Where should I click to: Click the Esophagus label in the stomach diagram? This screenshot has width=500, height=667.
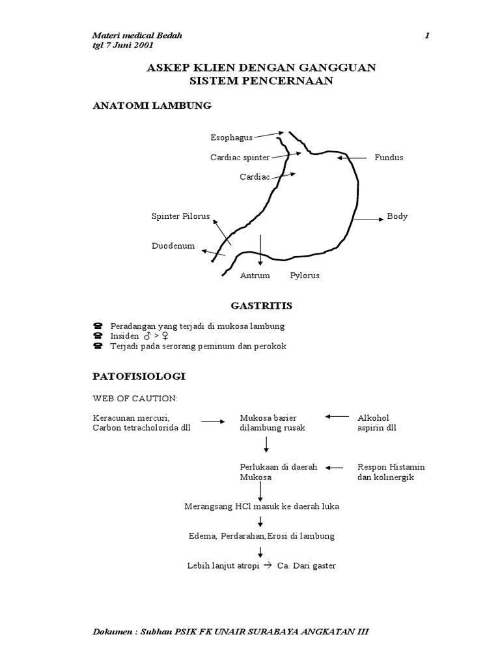[231, 137]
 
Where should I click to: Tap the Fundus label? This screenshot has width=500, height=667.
[389, 158]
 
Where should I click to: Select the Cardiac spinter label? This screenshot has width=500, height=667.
[240, 158]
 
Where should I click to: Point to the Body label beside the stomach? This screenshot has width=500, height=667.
[397, 216]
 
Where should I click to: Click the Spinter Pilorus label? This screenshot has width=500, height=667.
[180, 216]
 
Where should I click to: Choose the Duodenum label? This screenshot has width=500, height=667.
[173, 246]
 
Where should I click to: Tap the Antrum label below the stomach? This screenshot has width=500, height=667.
[255, 276]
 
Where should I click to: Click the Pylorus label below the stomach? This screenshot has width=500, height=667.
[305, 276]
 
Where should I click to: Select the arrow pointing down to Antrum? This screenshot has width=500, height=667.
[260, 250]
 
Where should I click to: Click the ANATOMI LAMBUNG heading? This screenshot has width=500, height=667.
[152, 106]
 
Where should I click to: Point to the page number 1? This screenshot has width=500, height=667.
[426, 35]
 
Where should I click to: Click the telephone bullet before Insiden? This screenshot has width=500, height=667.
[98, 335]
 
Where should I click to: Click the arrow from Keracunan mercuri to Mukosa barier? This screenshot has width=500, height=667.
[213, 422]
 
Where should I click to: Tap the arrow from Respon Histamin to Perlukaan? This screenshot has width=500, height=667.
[335, 467]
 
